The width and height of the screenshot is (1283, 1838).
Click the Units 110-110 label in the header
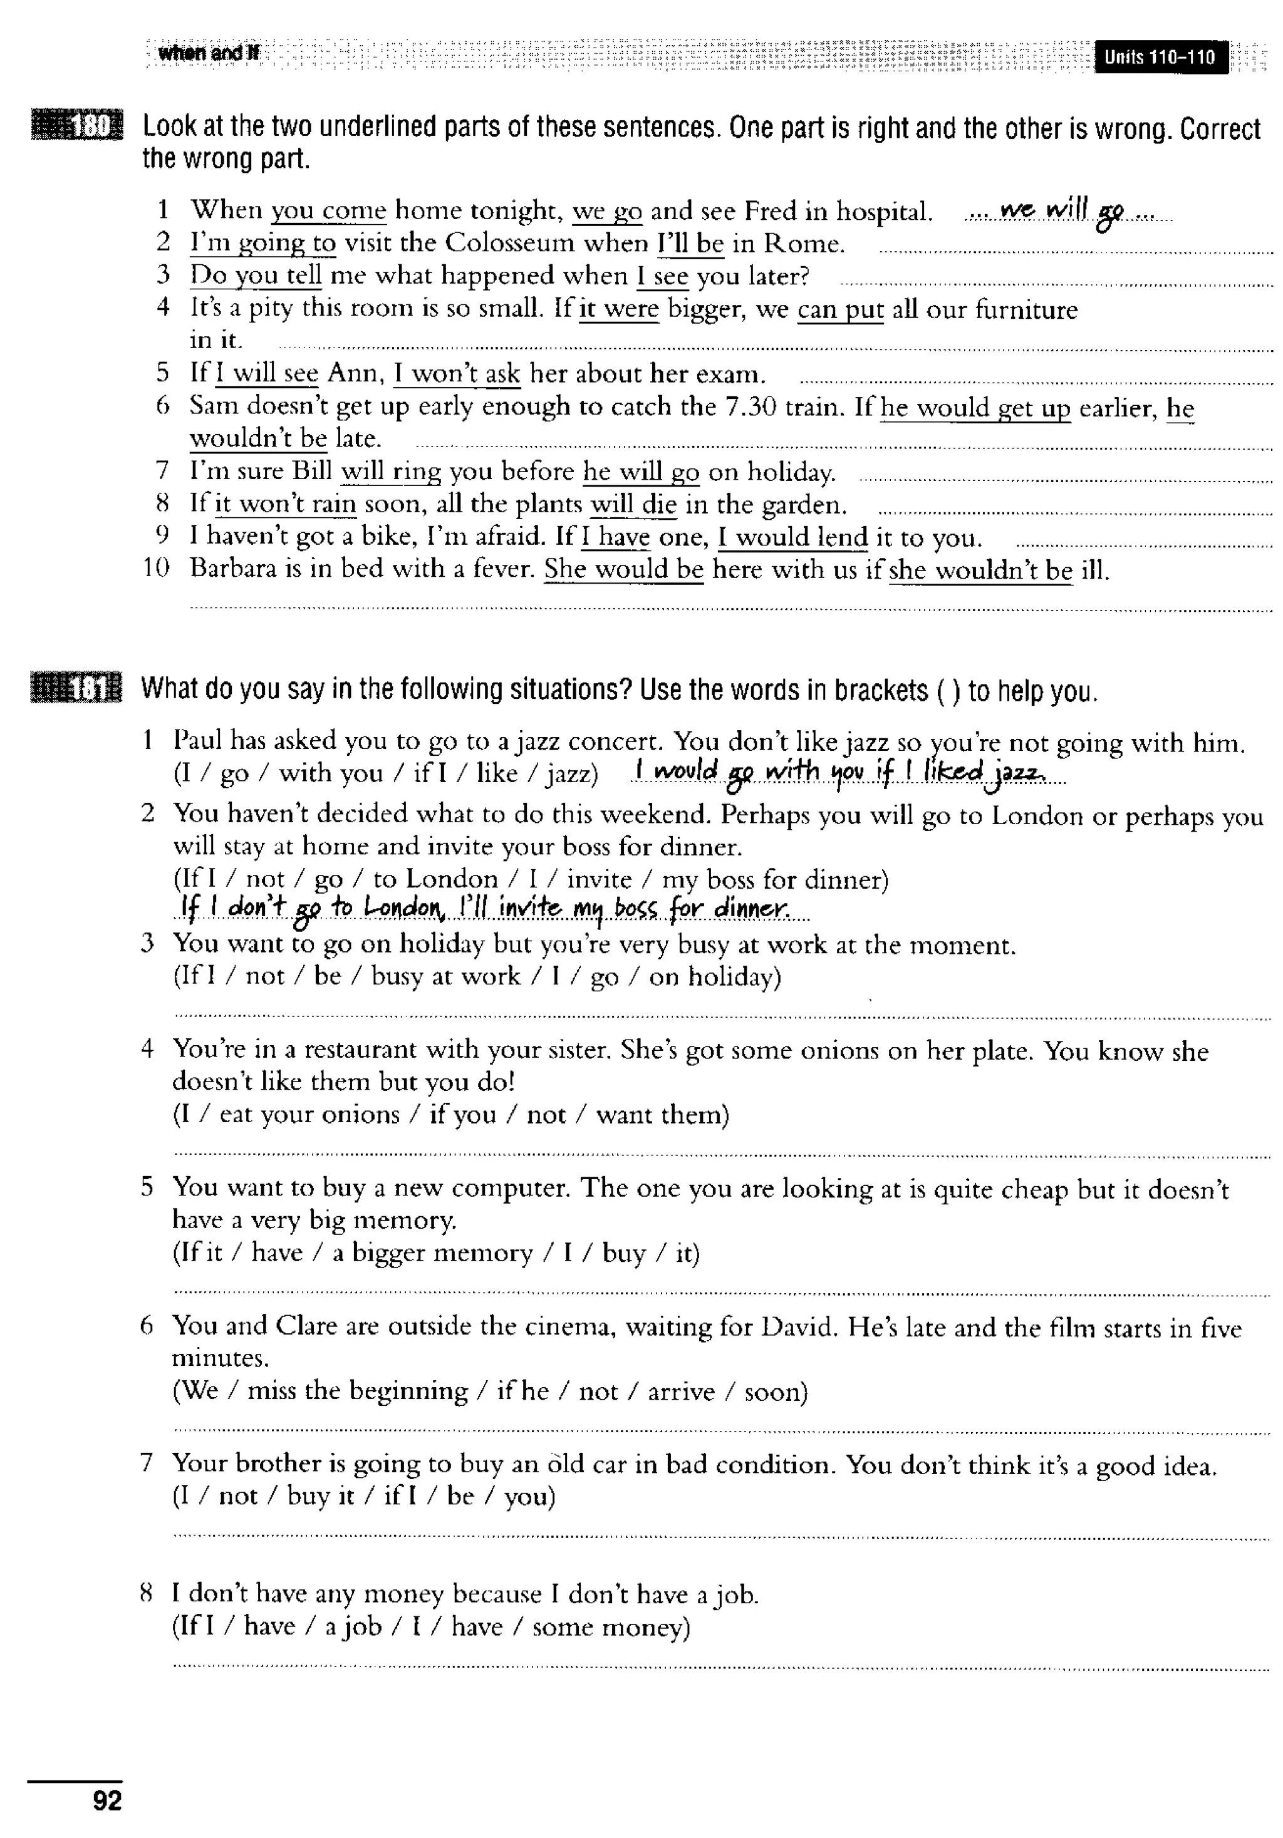(1159, 57)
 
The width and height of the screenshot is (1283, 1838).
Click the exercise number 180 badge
(78, 126)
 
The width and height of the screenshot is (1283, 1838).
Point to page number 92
(107, 1800)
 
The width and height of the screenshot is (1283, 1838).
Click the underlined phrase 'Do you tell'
(256, 276)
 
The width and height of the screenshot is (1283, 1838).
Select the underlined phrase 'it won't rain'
(285, 504)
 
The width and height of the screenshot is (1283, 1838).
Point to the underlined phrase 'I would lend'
(792, 537)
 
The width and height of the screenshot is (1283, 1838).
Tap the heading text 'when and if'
(208, 54)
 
